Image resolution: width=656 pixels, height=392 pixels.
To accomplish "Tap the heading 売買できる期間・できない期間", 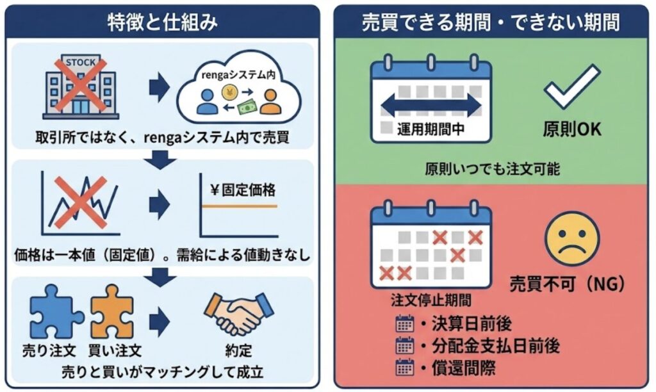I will coord(490,23).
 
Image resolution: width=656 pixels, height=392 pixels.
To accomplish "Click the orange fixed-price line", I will coord(240,206).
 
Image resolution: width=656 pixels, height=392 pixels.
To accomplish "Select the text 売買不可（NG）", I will coord(566,282).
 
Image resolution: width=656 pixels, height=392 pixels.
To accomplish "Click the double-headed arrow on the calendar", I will coord(430,105).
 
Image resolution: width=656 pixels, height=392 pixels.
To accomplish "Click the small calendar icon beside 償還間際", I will coord(404,368).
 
